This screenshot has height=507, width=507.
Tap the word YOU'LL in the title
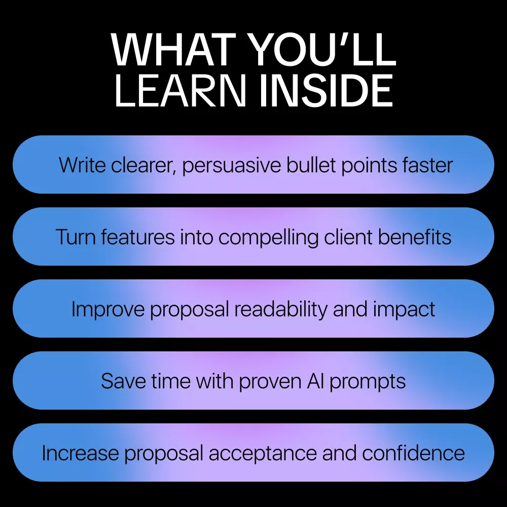click(323, 50)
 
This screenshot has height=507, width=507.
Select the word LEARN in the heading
click(180, 91)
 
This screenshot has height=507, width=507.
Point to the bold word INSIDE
click(326, 91)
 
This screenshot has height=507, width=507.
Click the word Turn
click(76, 237)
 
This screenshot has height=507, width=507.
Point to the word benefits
click(415, 237)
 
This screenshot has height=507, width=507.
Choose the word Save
click(123, 381)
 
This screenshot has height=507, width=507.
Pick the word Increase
click(80, 453)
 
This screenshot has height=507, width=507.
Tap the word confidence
click(413, 453)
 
